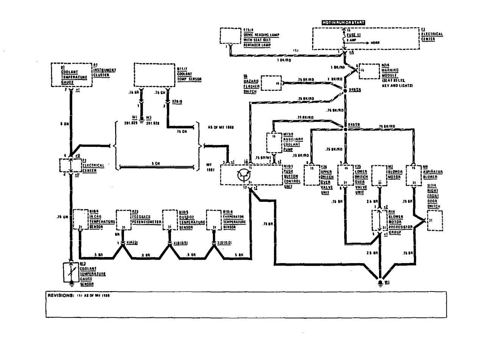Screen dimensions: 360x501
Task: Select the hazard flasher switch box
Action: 273,83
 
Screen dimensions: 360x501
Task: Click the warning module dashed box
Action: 369,71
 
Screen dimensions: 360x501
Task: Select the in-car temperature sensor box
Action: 80,220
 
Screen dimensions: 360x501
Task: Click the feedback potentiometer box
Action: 123,220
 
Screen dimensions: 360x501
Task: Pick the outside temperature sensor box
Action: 170,220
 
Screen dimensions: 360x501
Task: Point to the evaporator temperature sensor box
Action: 214,220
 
